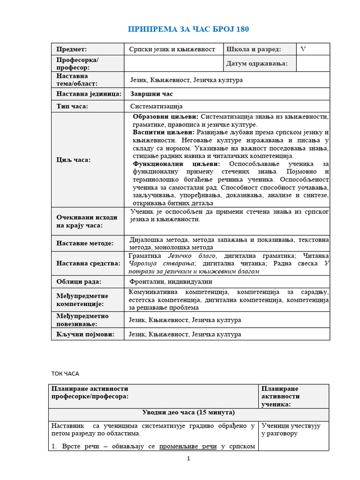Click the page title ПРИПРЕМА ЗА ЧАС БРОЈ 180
(x=188, y=30)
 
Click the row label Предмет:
(x=72, y=49)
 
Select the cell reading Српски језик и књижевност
(x=172, y=49)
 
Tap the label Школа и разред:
(x=254, y=49)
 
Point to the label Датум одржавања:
(x=257, y=63)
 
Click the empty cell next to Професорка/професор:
(x=172, y=63)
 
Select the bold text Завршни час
(x=151, y=94)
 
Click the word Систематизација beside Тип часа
(x=156, y=106)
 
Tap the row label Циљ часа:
(x=74, y=159)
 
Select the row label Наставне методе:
(x=85, y=243)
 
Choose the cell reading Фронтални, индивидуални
(x=171, y=282)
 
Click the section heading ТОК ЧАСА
(x=65, y=374)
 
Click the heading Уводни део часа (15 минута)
(x=188, y=412)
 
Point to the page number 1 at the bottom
(x=188, y=458)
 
